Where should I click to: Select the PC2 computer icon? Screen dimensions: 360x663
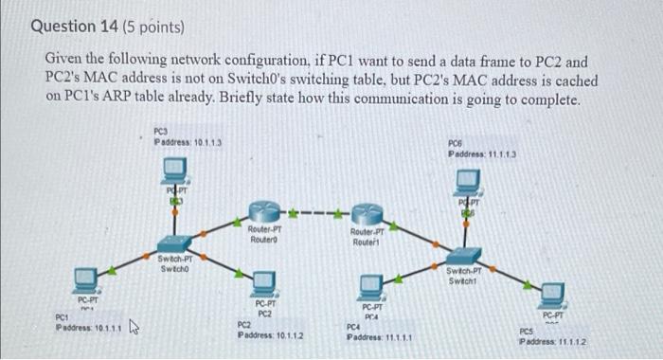pos(265,281)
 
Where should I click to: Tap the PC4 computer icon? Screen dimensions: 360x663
pos(372,285)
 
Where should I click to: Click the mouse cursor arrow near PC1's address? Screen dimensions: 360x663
pos(134,328)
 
